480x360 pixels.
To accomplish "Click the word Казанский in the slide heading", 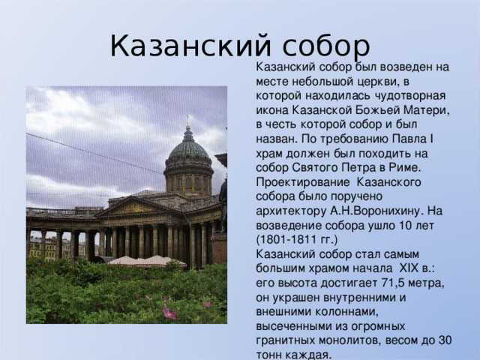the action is [190, 46].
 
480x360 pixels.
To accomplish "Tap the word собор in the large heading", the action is [326, 46].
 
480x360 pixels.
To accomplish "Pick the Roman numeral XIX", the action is [409, 268].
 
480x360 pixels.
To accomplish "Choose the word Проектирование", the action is [303, 183].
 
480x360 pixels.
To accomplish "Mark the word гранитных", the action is [285, 340].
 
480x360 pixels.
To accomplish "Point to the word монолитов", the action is [350, 340].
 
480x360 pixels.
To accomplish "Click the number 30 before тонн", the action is [445, 340].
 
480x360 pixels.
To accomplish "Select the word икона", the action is [272, 110].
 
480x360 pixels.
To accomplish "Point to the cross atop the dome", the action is [188, 120].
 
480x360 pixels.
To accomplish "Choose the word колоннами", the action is [346, 312].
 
